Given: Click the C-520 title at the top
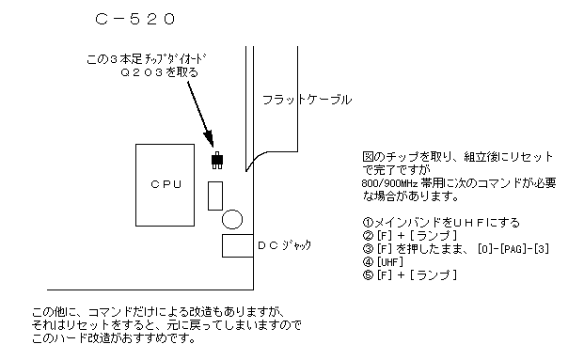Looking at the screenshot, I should [134, 18].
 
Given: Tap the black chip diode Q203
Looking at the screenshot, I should [218, 159].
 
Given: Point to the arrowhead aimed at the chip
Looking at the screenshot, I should [213, 141].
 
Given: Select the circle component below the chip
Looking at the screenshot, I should [231, 218].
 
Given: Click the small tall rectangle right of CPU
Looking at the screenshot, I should [213, 194].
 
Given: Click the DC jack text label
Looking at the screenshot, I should [283, 244].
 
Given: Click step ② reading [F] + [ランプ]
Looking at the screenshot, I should [402, 235].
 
